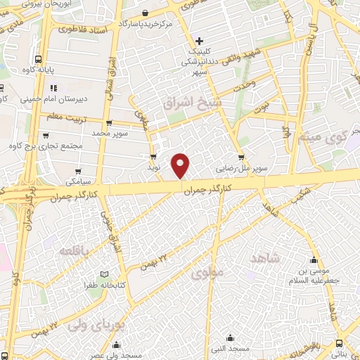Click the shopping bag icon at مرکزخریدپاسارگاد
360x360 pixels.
coord(145,13)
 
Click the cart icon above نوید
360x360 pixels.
coord(153,157)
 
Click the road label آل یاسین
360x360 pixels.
coord(308,39)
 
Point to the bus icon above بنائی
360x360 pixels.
coord(340,343)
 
